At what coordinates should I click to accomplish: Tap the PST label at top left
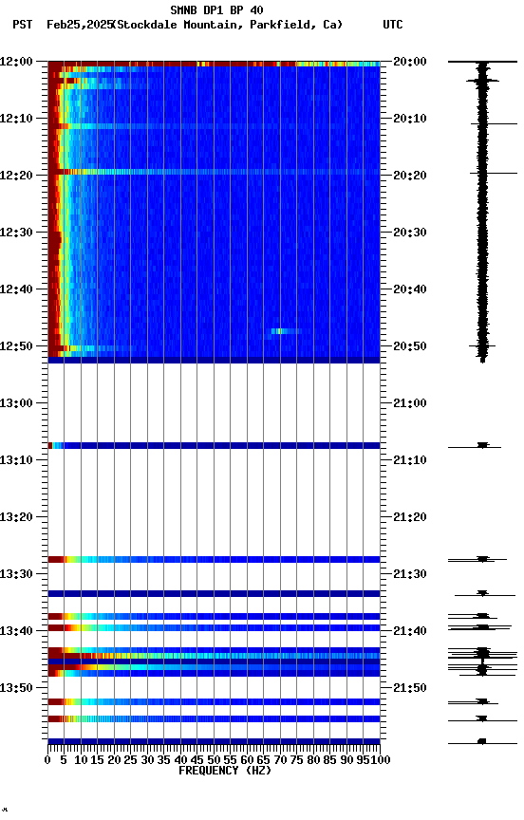coord(23,25)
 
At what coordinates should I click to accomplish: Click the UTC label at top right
coord(392,25)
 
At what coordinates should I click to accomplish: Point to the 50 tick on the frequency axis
coord(214,760)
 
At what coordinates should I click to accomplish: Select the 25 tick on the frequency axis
coord(131,760)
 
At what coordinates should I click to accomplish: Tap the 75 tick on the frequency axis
coord(297,760)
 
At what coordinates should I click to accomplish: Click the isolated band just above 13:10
coord(214,445)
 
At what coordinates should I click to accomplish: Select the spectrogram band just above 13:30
coord(214,559)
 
